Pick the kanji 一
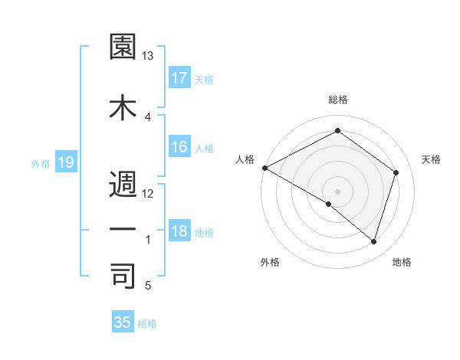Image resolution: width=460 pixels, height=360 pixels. (123, 229)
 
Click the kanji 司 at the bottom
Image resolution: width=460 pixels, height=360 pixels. (123, 276)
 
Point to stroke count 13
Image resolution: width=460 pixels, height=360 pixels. (148, 56)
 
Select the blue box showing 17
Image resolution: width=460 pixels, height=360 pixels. (179, 77)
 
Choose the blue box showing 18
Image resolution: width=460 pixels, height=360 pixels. (179, 232)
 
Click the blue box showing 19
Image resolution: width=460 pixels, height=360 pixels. (66, 162)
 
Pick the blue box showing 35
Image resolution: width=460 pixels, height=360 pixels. (123, 322)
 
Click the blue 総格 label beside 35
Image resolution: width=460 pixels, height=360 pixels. (147, 324)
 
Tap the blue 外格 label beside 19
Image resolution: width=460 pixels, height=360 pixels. (41, 163)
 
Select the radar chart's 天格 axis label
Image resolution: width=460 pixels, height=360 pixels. (431, 159)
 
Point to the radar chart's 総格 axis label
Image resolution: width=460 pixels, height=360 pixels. (338, 100)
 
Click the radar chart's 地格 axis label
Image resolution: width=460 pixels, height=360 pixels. (402, 262)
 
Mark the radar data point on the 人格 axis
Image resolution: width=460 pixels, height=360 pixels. (264, 168)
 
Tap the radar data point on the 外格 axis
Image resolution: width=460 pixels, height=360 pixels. (329, 205)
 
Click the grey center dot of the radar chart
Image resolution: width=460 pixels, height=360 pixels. (338, 191)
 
